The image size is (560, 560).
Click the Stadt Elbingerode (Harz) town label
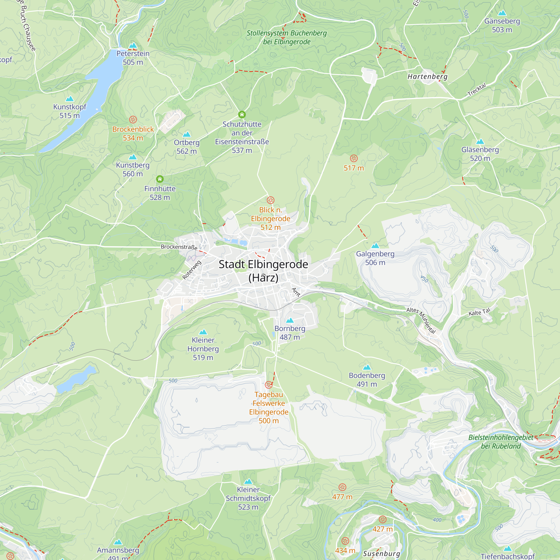coord(263,271)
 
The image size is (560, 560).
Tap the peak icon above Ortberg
coord(187,134)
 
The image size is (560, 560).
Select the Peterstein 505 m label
coord(133,58)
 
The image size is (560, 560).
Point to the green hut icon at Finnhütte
coord(160,179)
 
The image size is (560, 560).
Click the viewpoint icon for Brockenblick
coord(133,120)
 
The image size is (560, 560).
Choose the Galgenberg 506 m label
coord(375,258)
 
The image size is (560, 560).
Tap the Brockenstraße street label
coord(179,247)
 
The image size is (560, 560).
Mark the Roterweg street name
coord(191,270)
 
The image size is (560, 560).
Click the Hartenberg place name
coord(427,76)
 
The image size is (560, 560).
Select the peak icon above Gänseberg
coord(502,13)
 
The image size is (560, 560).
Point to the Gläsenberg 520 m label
coord(480,154)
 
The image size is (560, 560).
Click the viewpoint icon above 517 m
coord(354,158)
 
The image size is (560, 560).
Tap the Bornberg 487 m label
coord(290,333)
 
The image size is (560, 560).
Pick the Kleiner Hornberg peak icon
coord(203,332)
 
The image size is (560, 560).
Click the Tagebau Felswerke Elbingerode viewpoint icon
coord(269,385)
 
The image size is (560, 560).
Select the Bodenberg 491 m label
coord(367,380)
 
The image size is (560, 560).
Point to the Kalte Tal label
coord(479,312)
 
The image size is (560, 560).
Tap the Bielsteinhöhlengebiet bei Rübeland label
coord(501,442)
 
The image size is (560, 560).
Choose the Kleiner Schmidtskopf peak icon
coord(248,481)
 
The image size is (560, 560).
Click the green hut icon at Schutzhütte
coord(242,115)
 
